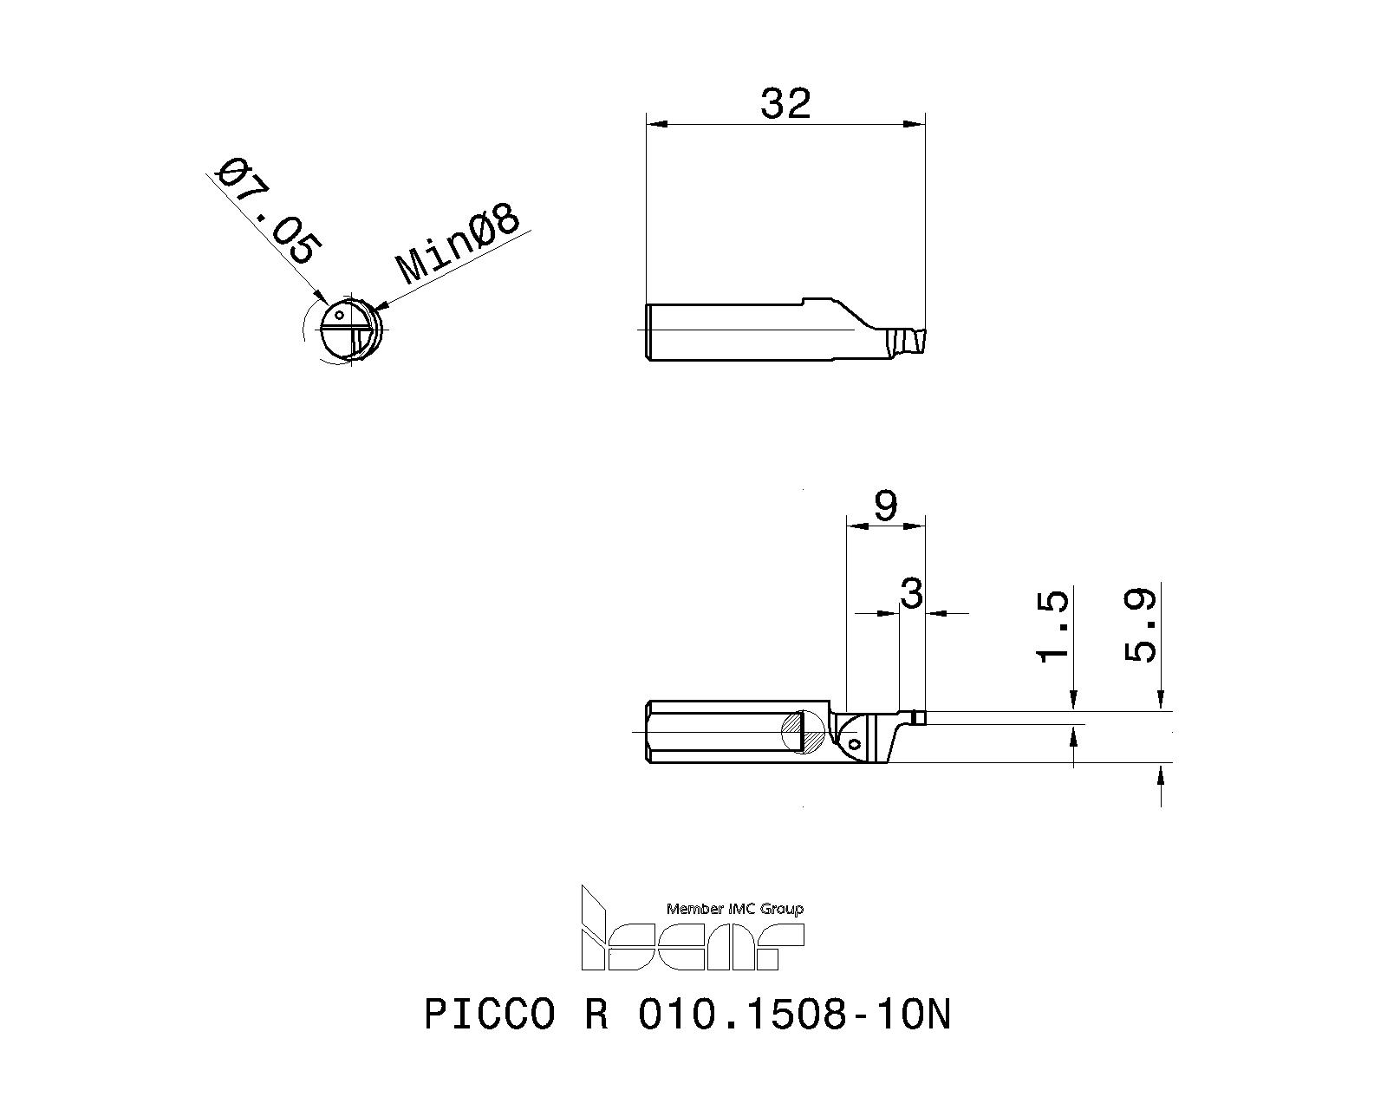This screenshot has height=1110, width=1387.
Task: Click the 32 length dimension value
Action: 785,103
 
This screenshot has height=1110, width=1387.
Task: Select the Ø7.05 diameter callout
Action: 267,211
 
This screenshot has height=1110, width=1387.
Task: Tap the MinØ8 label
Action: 459,245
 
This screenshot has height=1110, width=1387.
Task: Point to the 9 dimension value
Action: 885,506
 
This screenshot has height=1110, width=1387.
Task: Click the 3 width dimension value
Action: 911,594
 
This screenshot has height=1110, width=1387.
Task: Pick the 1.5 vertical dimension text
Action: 1054,626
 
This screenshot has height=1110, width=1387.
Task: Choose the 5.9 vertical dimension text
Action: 1141,626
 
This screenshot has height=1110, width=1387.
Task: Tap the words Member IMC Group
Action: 734,909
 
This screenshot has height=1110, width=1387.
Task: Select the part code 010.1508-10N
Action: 794,1015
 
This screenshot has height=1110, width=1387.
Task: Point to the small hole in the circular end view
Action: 340,315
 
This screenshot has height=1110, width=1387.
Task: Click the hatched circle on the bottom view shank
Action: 804,733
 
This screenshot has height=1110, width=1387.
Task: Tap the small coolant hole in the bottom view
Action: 856,744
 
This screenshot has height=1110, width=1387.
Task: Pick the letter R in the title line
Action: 596,1015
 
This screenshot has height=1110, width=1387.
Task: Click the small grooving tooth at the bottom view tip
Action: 920,717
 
